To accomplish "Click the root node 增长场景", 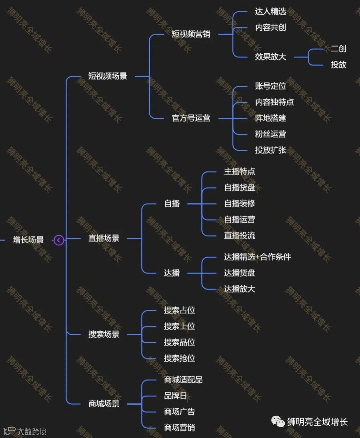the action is [28, 240].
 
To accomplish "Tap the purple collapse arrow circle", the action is [59, 240].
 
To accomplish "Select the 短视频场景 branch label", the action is [107, 76].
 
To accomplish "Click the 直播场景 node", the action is [104, 238].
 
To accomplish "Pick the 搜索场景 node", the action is [104, 334].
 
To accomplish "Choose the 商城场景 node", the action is [104, 404].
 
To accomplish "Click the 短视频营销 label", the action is [191, 34].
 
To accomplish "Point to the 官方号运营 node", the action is [191, 118].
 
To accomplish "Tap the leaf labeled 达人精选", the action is [270, 11].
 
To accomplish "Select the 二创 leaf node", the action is [338, 49].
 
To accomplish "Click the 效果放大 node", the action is [270, 57].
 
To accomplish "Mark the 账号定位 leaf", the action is [270, 86].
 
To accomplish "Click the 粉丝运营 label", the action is [270, 134].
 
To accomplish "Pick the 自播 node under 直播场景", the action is [172, 203].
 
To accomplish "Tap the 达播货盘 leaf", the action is [239, 273].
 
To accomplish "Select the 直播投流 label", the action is [239, 236].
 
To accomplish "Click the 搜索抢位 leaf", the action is [179, 358].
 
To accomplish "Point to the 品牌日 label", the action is [175, 396].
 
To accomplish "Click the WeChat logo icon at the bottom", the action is [278, 421].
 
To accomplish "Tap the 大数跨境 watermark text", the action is [32, 432].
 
